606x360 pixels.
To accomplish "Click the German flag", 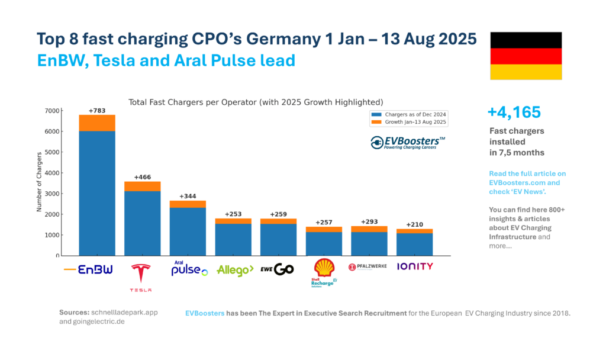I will pos(526,56).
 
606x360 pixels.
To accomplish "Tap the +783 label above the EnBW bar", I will pos(97,111).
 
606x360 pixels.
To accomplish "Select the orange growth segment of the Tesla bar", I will pos(142,187).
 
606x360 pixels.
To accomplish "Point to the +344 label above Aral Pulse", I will pos(188,196).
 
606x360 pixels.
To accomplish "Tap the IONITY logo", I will pos(414,267).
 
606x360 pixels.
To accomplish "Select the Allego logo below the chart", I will pos(234,270).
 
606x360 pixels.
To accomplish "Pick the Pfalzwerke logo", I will pos(368,267).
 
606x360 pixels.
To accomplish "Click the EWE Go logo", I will pos(277,269).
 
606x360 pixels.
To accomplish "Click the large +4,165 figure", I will pos(514,112).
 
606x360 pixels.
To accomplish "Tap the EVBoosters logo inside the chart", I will pos(408,143).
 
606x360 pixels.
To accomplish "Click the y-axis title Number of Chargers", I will pos(40,182).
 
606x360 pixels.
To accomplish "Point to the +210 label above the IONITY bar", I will pos(414,224).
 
